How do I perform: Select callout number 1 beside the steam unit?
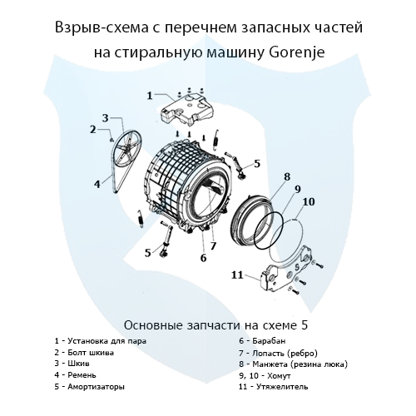point(150,97)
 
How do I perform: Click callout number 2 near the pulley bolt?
point(93,129)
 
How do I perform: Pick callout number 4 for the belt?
point(97,183)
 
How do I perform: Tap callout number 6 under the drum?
point(203,258)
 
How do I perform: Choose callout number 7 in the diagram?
point(213,245)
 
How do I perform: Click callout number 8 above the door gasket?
point(287,176)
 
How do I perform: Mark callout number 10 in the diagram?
point(309,201)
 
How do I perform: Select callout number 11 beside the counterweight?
point(236,274)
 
